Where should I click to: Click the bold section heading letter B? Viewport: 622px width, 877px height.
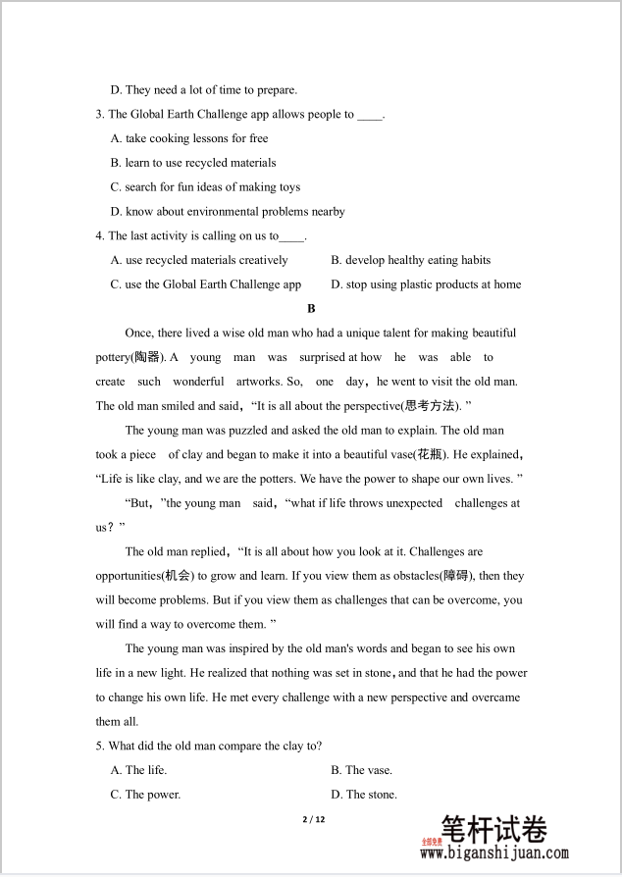click(x=312, y=308)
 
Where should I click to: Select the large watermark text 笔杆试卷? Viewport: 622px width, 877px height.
click(x=493, y=830)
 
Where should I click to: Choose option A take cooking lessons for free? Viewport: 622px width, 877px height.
click(x=189, y=138)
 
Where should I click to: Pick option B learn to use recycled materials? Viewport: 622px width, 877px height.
click(x=193, y=163)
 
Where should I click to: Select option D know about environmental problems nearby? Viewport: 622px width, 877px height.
click(x=228, y=211)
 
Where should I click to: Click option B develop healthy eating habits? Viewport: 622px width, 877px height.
click(x=410, y=260)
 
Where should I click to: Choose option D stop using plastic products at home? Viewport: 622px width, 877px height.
click(x=426, y=284)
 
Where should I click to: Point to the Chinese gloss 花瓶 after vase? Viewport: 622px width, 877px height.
click(x=431, y=454)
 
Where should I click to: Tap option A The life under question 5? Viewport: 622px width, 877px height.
click(x=138, y=770)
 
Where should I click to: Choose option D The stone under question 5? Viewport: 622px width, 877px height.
click(x=363, y=795)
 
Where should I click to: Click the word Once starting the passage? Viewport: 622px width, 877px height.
click(x=139, y=334)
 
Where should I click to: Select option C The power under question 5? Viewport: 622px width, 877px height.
click(x=145, y=795)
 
